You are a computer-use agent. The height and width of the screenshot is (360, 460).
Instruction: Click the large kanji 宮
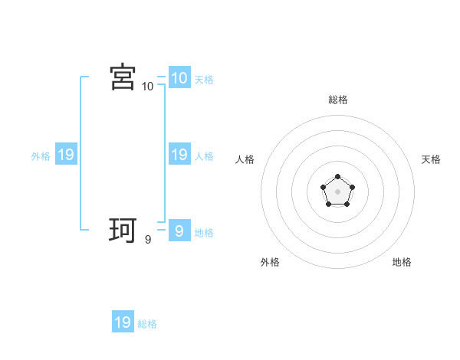pyautogui.click(x=123, y=77)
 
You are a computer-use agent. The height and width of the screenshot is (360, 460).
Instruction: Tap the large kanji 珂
pyautogui.click(x=123, y=231)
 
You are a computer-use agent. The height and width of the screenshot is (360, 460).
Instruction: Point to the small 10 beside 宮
pyautogui.click(x=148, y=87)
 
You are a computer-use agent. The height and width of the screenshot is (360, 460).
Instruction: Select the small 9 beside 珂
pyautogui.click(x=148, y=240)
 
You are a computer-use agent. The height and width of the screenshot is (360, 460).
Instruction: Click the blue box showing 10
pyautogui.click(x=179, y=77)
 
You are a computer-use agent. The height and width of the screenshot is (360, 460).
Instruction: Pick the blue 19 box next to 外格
pyautogui.click(x=65, y=155)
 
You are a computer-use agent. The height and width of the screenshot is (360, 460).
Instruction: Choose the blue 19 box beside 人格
pyautogui.click(x=179, y=155)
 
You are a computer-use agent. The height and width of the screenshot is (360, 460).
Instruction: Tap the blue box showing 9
pyautogui.click(x=179, y=231)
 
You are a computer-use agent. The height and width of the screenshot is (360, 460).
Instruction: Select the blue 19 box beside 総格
pyautogui.click(x=123, y=322)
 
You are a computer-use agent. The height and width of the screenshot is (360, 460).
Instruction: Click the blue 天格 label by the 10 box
pyautogui.click(x=204, y=80)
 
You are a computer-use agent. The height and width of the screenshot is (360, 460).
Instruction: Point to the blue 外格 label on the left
pyautogui.click(x=41, y=156)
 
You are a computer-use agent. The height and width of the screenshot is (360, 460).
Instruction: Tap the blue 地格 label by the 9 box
pyautogui.click(x=204, y=233)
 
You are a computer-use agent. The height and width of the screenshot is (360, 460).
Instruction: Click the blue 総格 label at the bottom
pyautogui.click(x=147, y=324)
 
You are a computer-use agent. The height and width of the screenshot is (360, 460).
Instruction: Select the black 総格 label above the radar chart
pyautogui.click(x=338, y=100)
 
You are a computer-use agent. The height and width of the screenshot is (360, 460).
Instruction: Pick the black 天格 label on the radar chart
pyautogui.click(x=431, y=159)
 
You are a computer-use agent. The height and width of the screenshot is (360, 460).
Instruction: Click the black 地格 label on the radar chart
pyautogui.click(x=402, y=262)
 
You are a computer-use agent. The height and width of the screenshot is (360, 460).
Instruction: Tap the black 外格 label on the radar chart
pyautogui.click(x=270, y=262)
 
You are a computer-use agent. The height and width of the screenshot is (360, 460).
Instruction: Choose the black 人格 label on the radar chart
pyautogui.click(x=245, y=159)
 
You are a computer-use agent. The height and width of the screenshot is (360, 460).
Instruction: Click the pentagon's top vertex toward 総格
pyautogui.click(x=337, y=177)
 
